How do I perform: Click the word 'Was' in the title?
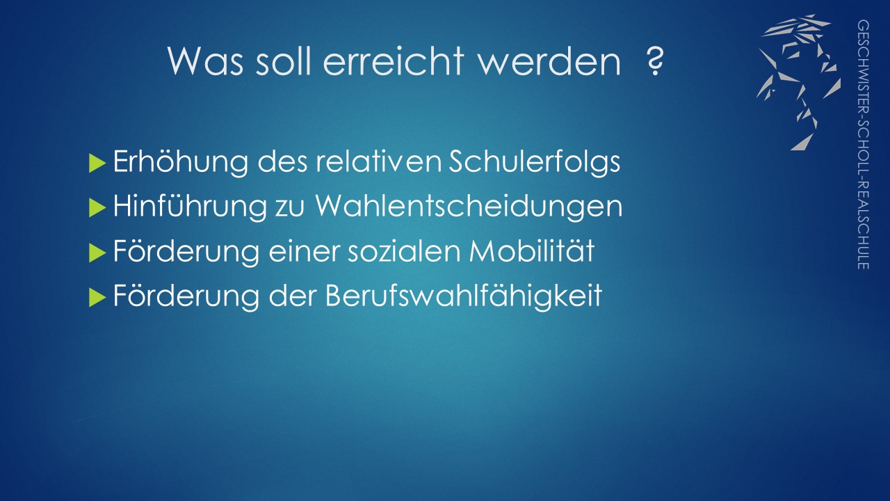coord(205,61)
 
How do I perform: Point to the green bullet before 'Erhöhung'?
coord(97,163)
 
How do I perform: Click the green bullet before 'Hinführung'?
coord(97,207)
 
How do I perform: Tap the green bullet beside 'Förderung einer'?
coord(97,253)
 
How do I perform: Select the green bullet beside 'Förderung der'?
coord(97,297)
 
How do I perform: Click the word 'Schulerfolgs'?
coord(535,162)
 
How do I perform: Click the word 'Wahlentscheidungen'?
coord(469,207)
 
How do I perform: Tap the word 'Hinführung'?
coord(190,207)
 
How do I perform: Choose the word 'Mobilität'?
coord(532,250)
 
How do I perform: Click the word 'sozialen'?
coord(404,250)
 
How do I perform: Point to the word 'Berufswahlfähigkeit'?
coord(464,296)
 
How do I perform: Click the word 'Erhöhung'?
coord(181,162)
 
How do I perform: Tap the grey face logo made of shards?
coord(799,82)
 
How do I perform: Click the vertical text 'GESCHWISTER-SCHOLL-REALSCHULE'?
coord(863,144)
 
